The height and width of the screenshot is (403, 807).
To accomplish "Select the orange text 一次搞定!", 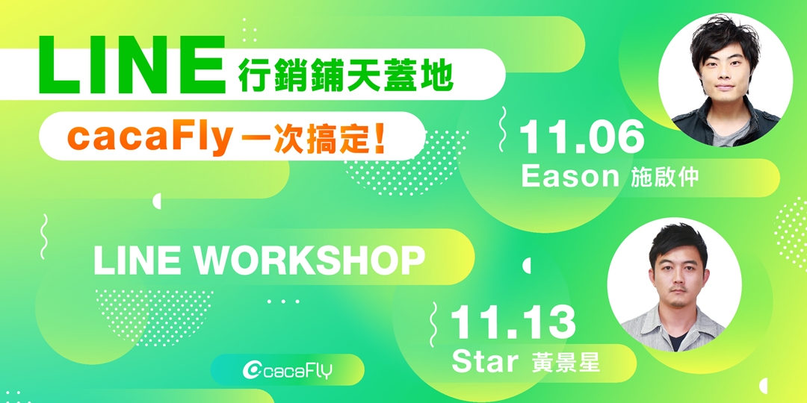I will (x=315, y=139).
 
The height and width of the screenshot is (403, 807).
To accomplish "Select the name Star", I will (x=485, y=362).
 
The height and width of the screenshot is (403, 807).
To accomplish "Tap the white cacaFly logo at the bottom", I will (x=288, y=370).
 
